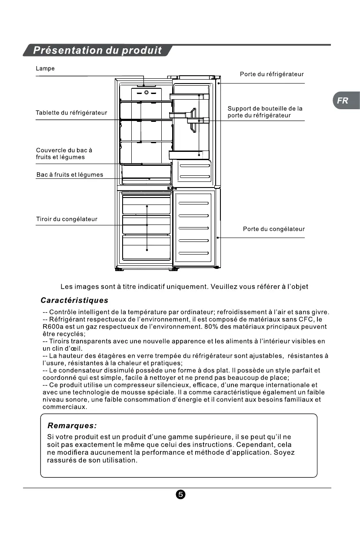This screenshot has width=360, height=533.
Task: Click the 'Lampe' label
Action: (45, 69)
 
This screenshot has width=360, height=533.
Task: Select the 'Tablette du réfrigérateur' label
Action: (71, 113)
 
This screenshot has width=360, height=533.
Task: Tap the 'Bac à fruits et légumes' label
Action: (70, 175)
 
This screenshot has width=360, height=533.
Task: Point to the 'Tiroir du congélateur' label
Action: (67, 219)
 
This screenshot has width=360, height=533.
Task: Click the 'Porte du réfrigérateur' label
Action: (272, 74)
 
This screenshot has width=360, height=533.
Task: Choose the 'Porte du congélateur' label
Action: (273, 229)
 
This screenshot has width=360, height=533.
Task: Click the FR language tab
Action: (343, 101)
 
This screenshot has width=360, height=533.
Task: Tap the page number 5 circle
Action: (181, 495)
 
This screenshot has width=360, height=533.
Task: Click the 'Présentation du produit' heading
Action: (97, 50)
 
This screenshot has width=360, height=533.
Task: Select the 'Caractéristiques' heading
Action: (74, 301)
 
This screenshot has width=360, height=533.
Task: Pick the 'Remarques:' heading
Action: (72, 426)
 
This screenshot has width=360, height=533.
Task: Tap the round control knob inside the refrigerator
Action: (147, 93)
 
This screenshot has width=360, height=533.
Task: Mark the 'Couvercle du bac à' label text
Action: (64, 150)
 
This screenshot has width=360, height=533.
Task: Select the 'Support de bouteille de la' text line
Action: (265, 108)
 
